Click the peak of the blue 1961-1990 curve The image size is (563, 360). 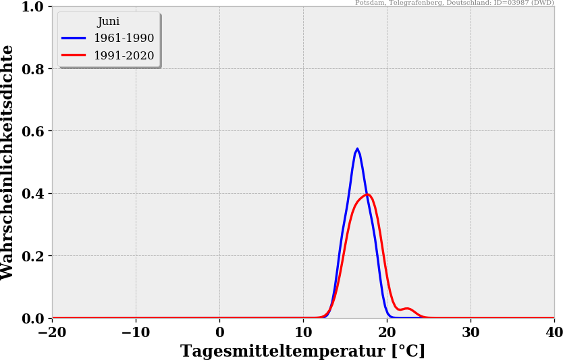coord(357,149)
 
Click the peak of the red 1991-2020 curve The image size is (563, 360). coord(367,195)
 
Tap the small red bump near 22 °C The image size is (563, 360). coord(406,309)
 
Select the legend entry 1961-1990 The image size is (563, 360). coord(124,38)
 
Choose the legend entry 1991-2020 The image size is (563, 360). coord(124,56)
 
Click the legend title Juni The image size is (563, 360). coord(109,22)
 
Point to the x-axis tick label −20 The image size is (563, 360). coord(52,332)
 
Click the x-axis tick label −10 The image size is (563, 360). coord(136,332)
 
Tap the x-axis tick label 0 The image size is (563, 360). coord(219,332)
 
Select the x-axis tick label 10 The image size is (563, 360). coord(303,332)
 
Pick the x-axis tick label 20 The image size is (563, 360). coord(387,332)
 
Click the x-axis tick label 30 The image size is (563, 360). coord(471,332)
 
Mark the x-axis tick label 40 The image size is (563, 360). coord(553,332)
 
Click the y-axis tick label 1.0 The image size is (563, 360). coord(32,7)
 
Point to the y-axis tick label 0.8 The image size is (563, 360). coord(32,69)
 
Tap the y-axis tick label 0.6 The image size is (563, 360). coord(32,131)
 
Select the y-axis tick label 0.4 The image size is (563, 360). coord(32,194)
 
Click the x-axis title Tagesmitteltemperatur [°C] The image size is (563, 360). coord(303,351)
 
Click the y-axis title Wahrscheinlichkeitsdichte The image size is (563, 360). coord(8,162)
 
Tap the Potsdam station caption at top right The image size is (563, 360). coord(454,3)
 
